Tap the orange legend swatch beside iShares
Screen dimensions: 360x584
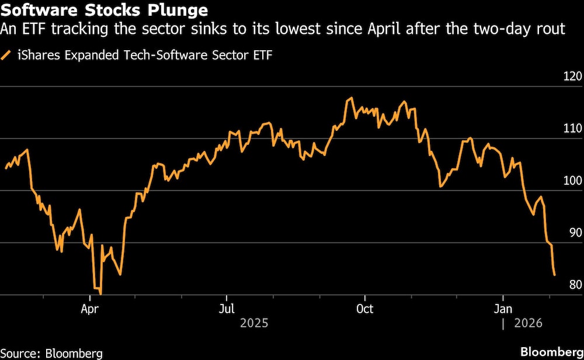[x=7, y=56]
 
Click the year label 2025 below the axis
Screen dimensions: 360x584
[x=254, y=323]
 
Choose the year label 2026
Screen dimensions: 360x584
[x=529, y=323]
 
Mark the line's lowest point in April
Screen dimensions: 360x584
[x=101, y=294]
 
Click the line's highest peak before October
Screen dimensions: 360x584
[x=350, y=98]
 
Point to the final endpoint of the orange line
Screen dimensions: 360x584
[x=554, y=275]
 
